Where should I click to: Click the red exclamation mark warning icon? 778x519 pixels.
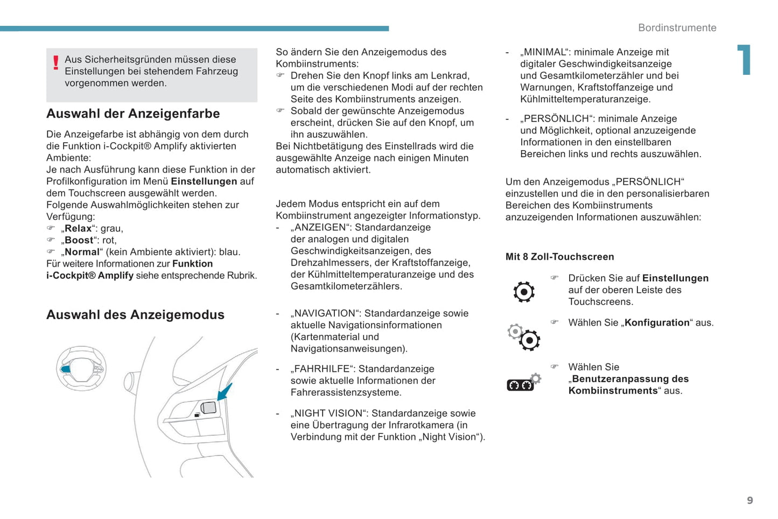[55, 63]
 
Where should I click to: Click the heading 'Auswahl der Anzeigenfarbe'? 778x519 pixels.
[133, 114]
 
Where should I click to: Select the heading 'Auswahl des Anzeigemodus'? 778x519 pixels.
[135, 315]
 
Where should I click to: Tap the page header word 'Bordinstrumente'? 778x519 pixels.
[677, 28]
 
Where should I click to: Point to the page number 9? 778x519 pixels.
[750, 501]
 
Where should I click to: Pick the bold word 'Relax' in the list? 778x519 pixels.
[79, 228]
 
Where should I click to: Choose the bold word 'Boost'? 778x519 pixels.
[79, 240]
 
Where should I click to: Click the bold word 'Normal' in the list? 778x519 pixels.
[82, 252]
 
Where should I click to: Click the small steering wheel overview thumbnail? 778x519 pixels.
[81, 369]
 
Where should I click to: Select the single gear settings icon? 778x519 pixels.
[524, 292]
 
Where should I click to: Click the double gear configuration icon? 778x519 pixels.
[524, 337]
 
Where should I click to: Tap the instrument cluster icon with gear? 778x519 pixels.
[524, 382]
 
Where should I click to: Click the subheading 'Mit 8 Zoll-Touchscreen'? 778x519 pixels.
[559, 257]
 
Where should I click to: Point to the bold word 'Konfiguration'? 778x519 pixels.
[657, 322]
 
